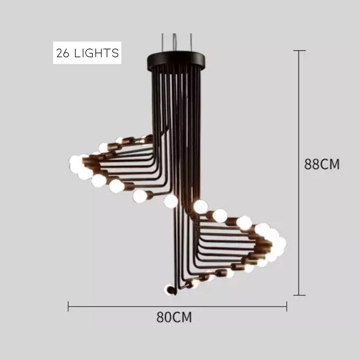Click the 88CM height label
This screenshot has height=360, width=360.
(322, 164)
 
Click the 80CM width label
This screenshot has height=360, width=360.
(174, 317)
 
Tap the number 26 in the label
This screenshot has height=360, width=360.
(63, 53)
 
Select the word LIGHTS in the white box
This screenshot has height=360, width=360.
(96, 53)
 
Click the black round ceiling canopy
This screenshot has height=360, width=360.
(176, 61)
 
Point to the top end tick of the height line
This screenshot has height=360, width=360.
(299, 50)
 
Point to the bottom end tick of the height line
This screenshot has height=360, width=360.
(299, 295)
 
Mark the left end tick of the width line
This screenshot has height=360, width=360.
(68, 306)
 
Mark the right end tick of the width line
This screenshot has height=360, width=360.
(287, 306)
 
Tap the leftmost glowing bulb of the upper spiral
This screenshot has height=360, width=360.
(76, 162)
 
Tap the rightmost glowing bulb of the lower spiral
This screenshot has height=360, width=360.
(280, 244)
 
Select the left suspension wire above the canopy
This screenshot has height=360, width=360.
(162, 42)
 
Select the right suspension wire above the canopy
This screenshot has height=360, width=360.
(191, 42)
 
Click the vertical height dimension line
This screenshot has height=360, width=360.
(299, 173)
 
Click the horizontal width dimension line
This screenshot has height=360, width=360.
(177, 306)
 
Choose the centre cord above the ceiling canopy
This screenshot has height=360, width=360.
(175, 42)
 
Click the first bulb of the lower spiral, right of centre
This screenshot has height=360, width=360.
(200, 207)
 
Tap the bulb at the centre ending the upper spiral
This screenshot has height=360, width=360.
(171, 201)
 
